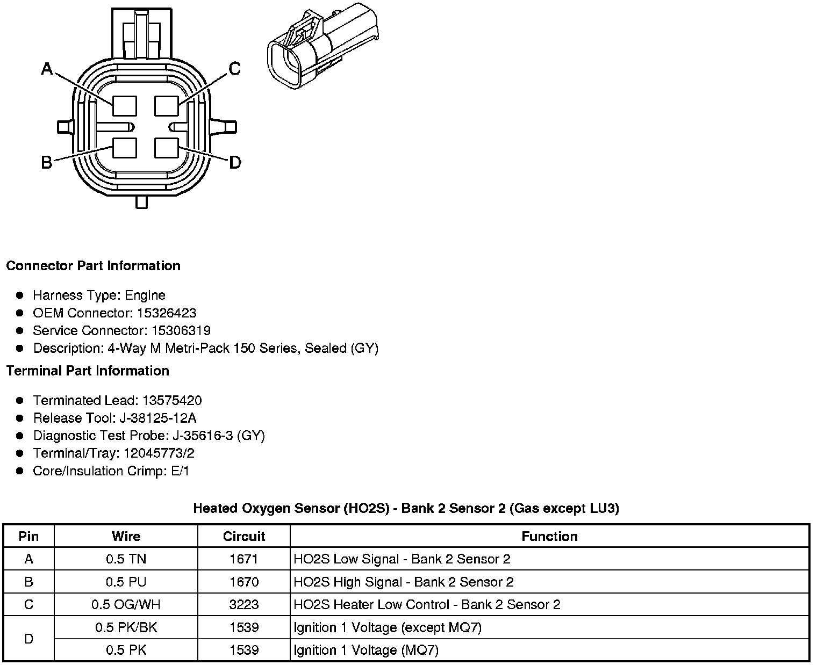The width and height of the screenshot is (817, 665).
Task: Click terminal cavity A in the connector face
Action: pyautogui.click(x=125, y=105)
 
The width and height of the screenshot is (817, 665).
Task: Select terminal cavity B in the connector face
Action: pyautogui.click(x=125, y=148)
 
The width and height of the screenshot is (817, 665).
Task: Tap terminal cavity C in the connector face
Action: pyautogui.click(x=166, y=105)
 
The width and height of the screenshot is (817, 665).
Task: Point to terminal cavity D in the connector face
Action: pyautogui.click(x=166, y=148)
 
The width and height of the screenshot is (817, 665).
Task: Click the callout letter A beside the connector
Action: pyautogui.click(x=47, y=69)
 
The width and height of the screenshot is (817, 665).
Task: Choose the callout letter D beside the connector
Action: pyautogui.click(x=235, y=162)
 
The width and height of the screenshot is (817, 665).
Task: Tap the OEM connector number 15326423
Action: pyautogui.click(x=166, y=313)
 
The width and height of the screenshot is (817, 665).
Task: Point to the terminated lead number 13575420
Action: pyautogui.click(x=172, y=400)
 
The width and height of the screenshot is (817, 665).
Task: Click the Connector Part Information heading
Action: pyautogui.click(x=93, y=266)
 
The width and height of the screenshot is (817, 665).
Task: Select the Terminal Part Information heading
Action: pyautogui.click(x=88, y=371)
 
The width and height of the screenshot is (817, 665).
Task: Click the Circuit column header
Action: pyautogui.click(x=244, y=536)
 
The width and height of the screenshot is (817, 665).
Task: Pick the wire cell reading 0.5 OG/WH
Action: pyautogui.click(x=126, y=604)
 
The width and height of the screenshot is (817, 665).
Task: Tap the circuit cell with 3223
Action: pyautogui.click(x=244, y=604)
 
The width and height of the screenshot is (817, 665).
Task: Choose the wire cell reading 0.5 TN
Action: pyautogui.click(x=126, y=559)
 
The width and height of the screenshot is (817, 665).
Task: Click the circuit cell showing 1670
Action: pyautogui.click(x=244, y=582)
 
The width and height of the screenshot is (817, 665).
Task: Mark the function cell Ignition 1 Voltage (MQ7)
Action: pyautogui.click(x=366, y=650)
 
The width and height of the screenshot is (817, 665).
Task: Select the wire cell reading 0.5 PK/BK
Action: pyautogui.click(x=126, y=627)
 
